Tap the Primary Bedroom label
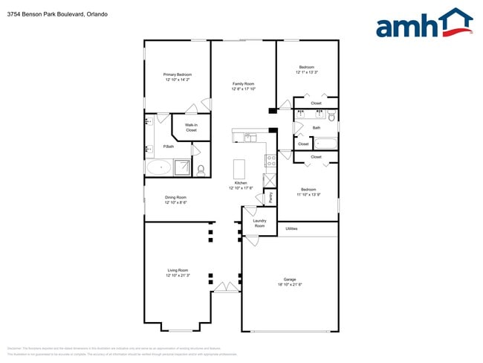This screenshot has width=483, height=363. tap(178, 74)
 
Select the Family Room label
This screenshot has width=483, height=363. tap(243, 84)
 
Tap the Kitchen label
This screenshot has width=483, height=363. tap(241, 183)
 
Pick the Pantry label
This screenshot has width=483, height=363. tap(270, 197)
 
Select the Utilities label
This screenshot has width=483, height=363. tap(291, 228)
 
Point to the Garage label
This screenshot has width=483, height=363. tap(290, 280)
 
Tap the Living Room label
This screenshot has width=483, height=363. tap(178, 270)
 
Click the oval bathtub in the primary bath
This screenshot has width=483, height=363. tap(158, 167)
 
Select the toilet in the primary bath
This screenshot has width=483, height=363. tap(201, 169)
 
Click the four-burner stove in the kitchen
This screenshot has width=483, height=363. tap(270, 160)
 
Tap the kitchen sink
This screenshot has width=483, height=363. tap(250, 137)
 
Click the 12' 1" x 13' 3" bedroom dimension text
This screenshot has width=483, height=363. tap(307, 72)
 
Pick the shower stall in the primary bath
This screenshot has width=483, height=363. tap(181, 167)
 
